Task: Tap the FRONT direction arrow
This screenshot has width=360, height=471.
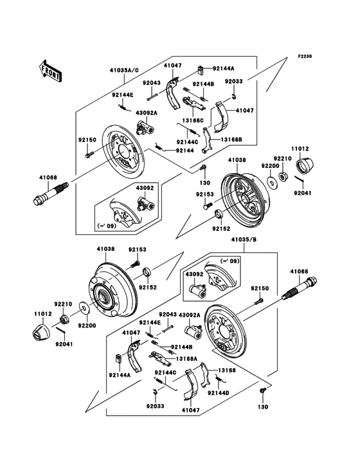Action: (50, 69)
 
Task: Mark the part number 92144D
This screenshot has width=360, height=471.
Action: (217, 392)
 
